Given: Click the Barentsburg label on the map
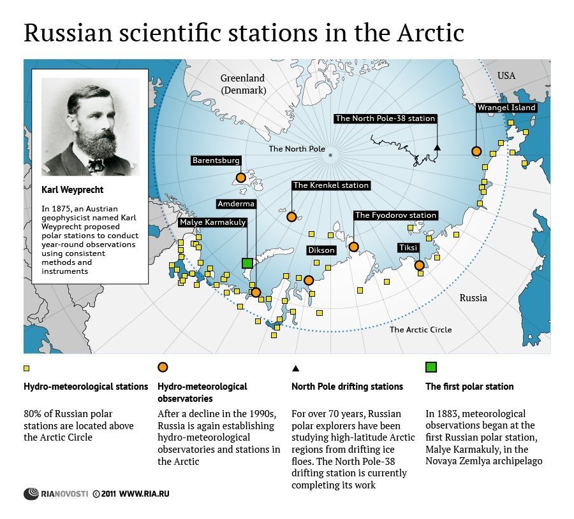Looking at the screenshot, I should coord(216,161).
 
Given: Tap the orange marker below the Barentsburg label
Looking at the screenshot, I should coord(240,178).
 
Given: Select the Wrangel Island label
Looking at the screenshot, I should coord(506,108).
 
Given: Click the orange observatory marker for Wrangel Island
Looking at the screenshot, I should coord(476,152).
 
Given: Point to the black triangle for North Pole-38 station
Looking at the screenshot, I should coord(437,148).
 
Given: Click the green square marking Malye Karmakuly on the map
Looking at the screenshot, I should coord(247,263).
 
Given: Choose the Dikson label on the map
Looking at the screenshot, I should coord(321,250).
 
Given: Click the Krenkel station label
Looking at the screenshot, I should coord(330,185).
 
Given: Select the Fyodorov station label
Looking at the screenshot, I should coord(395,215).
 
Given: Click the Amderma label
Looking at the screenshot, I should coord(235,204).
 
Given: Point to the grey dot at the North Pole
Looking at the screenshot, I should coord(330,155).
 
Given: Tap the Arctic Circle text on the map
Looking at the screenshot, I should coord(420,329).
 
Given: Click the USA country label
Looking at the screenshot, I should coord(506,76).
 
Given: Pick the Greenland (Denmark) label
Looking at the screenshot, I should coord(242,84).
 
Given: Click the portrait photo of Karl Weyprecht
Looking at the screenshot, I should coord(89,126).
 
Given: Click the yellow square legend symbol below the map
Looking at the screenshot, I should coord(27,367).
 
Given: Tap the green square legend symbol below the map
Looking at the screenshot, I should coord(430,367).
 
